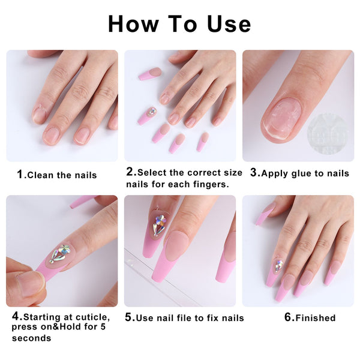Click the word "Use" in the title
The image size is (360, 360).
point(223,23)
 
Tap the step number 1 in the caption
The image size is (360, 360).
point(20,175)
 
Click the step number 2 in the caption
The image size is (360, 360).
point(130,172)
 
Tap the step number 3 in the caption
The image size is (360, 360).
point(254,173)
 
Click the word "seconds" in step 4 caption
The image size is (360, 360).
point(31,338)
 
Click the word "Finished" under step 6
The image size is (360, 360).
point(314,317)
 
